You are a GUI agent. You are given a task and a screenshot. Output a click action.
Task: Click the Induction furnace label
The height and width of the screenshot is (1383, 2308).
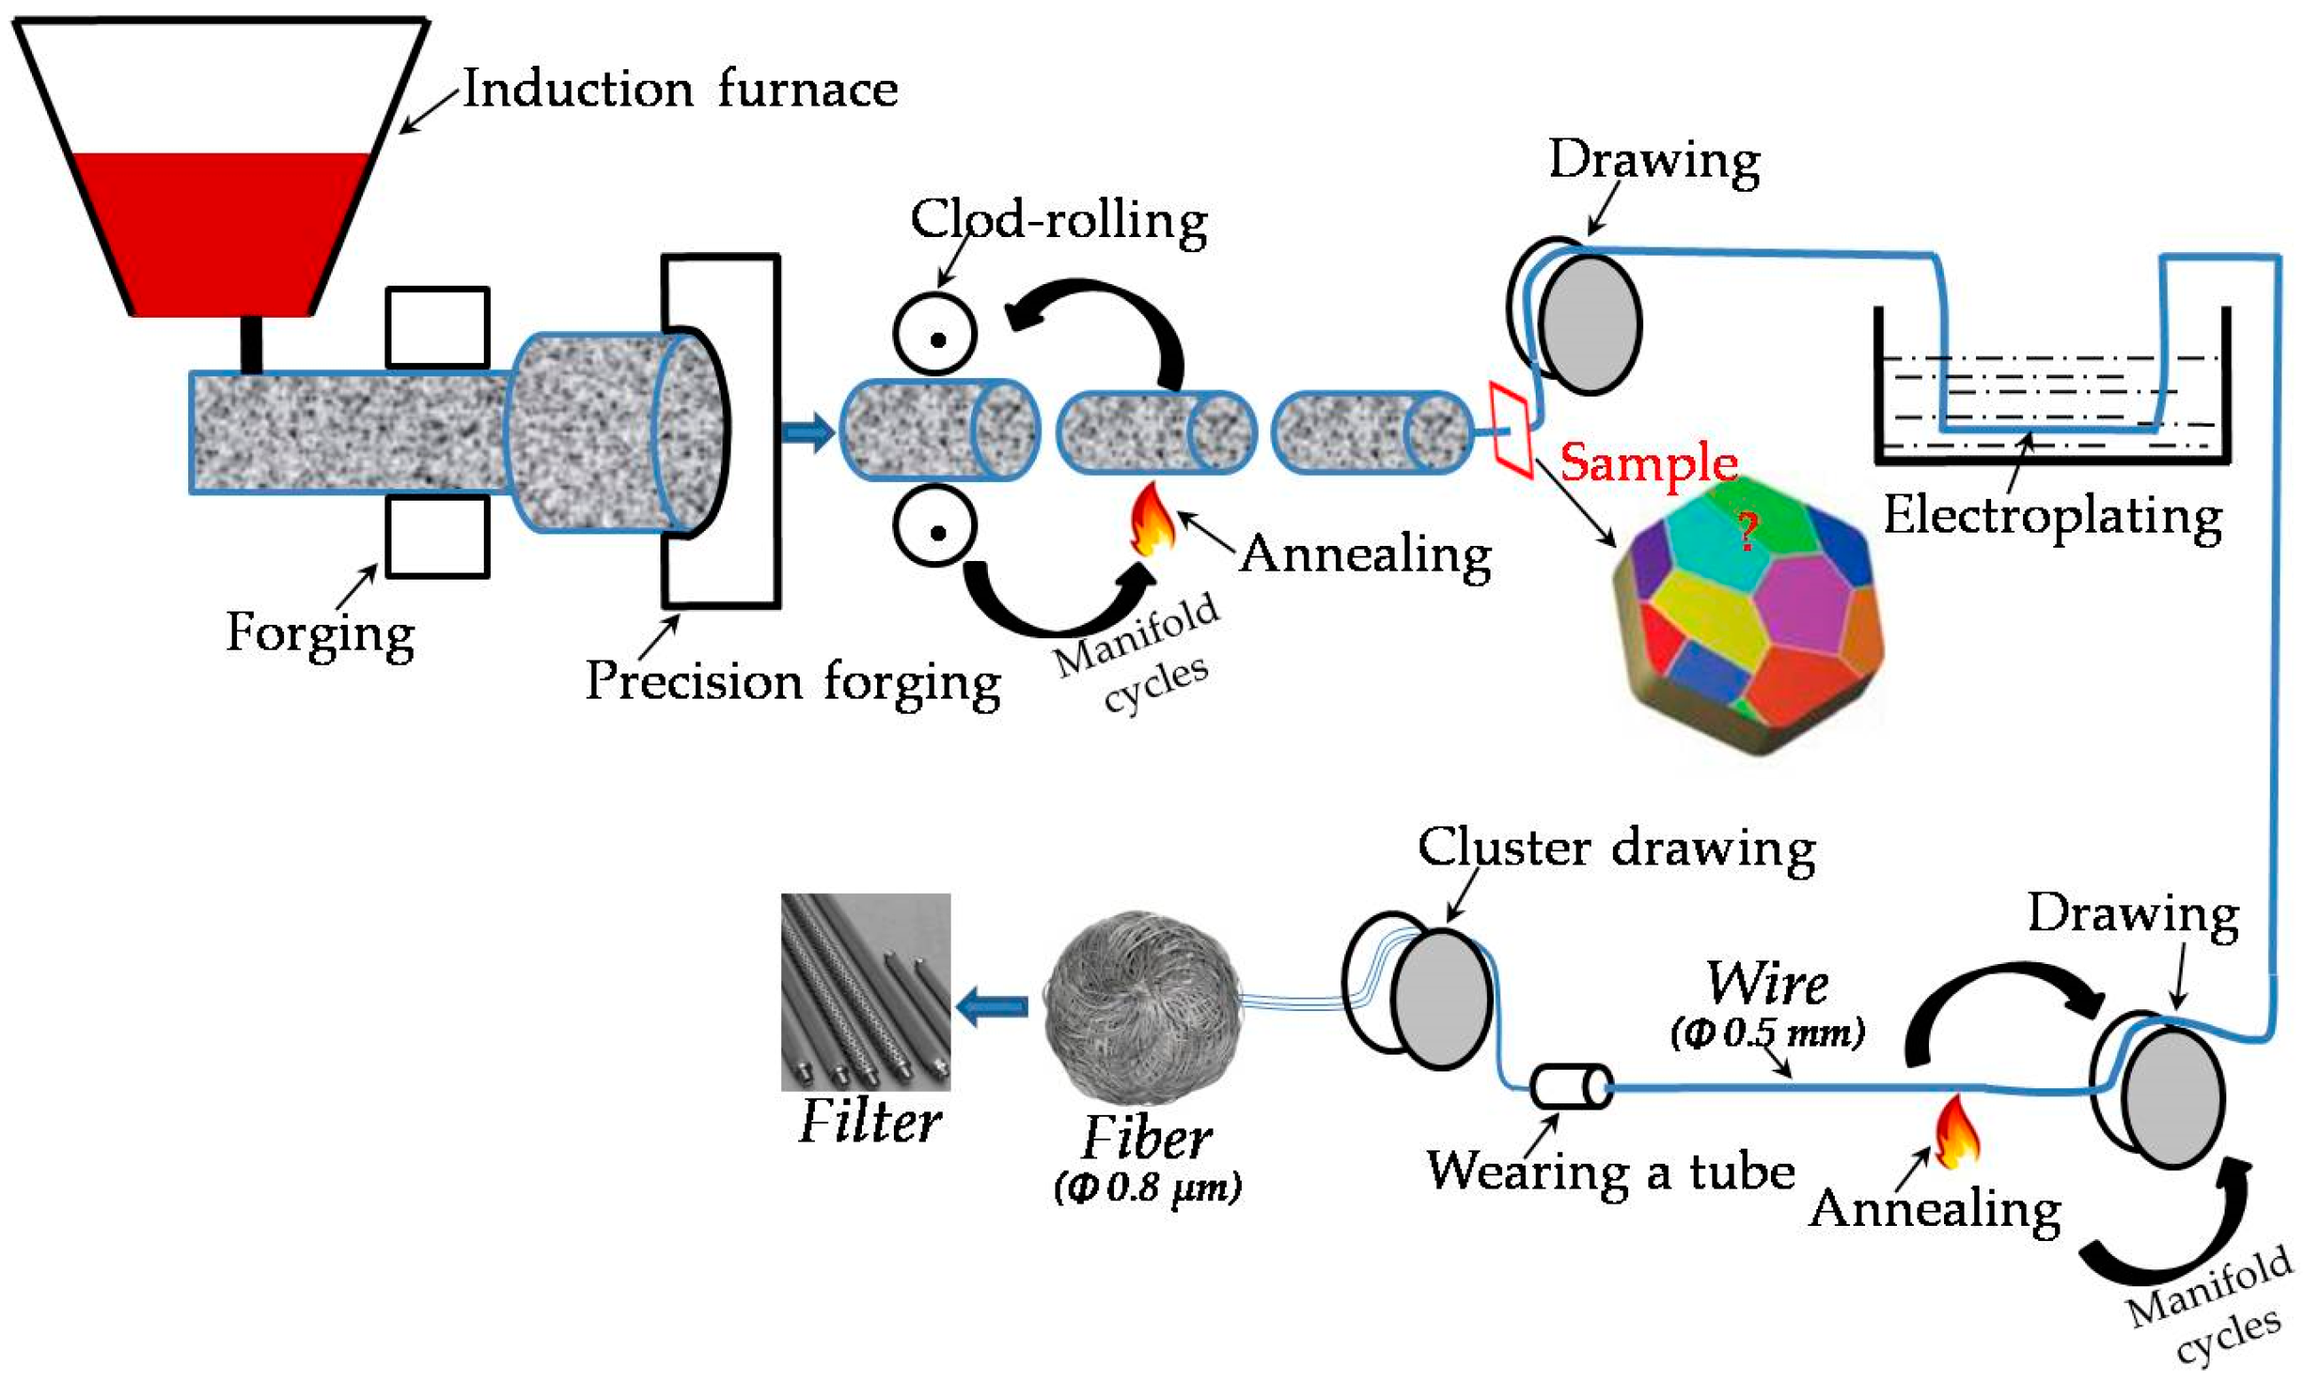pos(680,90)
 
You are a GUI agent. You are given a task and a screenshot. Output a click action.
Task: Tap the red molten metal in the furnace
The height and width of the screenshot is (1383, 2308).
pos(222,233)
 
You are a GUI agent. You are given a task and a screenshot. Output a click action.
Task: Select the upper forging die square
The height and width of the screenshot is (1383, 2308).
pos(437,328)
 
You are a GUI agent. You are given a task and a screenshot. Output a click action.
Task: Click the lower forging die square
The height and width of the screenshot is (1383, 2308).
pos(437,536)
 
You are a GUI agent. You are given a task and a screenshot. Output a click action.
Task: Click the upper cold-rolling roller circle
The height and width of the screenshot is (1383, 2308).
pos(935,335)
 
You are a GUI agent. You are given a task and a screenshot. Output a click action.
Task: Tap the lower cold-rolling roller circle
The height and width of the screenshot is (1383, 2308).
pos(935,527)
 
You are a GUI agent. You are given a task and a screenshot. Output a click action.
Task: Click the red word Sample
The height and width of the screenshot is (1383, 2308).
pos(1648,462)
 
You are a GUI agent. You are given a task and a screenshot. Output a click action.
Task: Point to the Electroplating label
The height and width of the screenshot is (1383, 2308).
pos(2051,517)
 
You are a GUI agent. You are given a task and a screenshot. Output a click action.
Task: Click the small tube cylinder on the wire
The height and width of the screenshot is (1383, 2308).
pos(1571,1087)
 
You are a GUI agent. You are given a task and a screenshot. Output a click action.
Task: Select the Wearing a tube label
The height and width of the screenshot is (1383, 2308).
pos(1611,1172)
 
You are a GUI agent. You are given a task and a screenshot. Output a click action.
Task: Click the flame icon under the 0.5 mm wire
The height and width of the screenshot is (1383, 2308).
pos(1956,1133)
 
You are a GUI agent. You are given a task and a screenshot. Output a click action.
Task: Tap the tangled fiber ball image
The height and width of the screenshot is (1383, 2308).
pos(1142,1008)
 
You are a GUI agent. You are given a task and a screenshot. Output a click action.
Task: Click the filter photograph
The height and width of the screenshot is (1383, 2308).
pos(865,992)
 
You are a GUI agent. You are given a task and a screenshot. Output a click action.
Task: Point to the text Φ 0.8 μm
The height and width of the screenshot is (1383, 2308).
pos(1147,1189)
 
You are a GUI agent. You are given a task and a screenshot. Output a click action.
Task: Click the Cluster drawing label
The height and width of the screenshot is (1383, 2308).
pos(1616,849)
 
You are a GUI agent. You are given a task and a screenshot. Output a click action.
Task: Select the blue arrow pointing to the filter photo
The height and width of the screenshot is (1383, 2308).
pos(992,1007)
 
